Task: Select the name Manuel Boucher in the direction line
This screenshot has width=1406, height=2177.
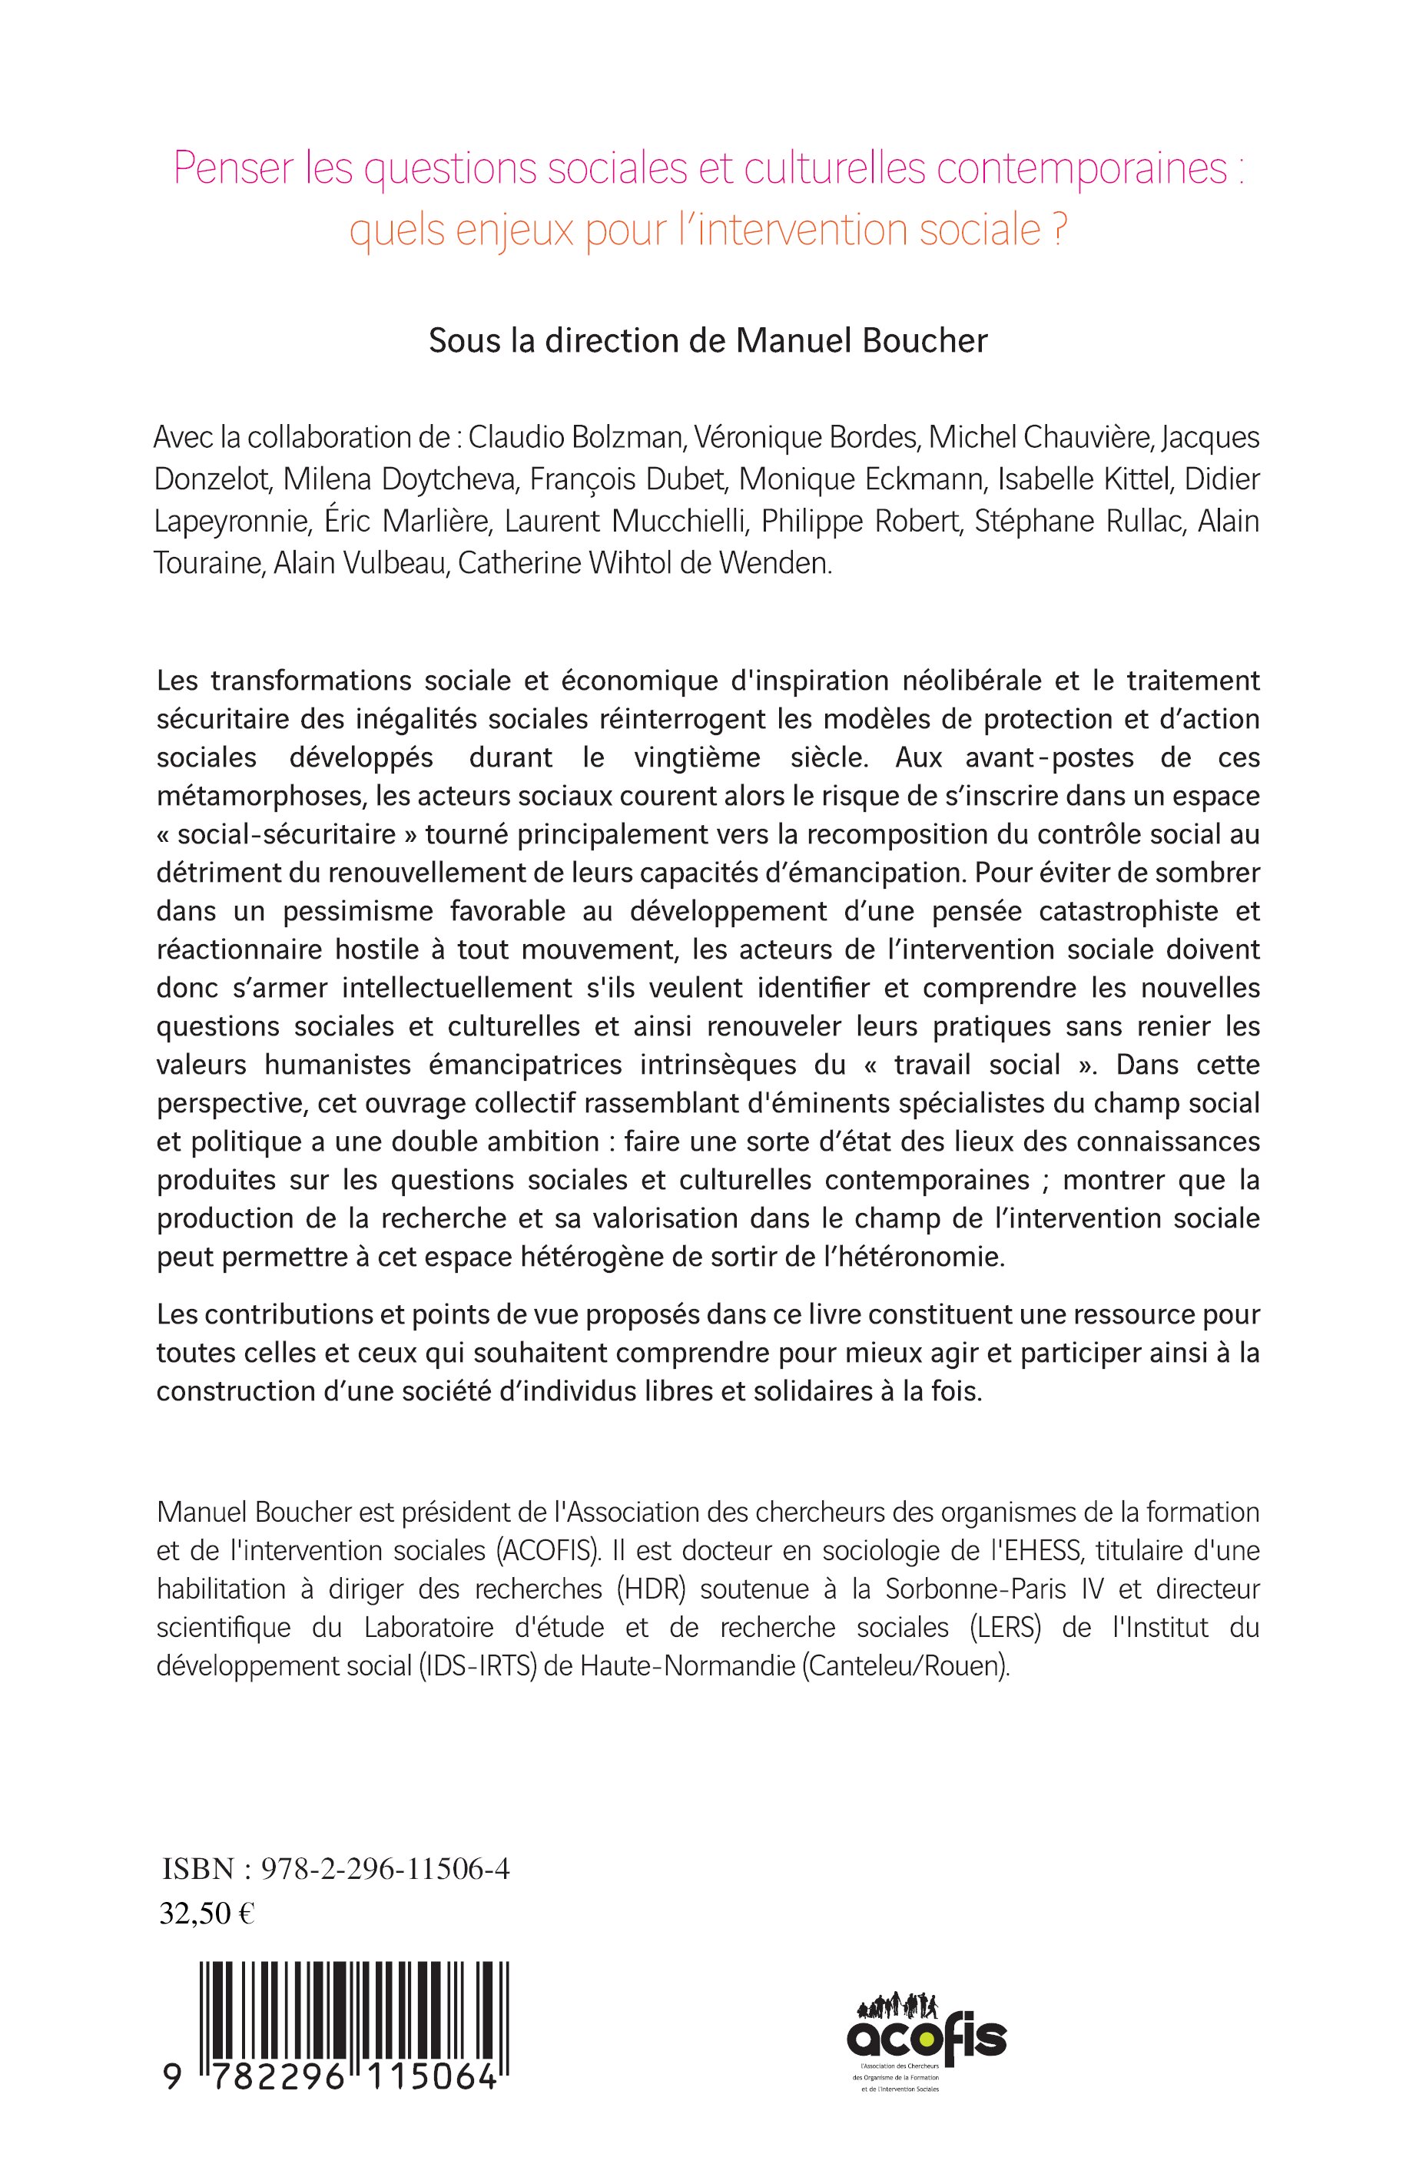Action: click(x=862, y=340)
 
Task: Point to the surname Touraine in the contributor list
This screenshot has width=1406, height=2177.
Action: click(x=211, y=563)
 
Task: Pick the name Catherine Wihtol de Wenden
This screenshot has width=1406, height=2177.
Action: click(x=644, y=563)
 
